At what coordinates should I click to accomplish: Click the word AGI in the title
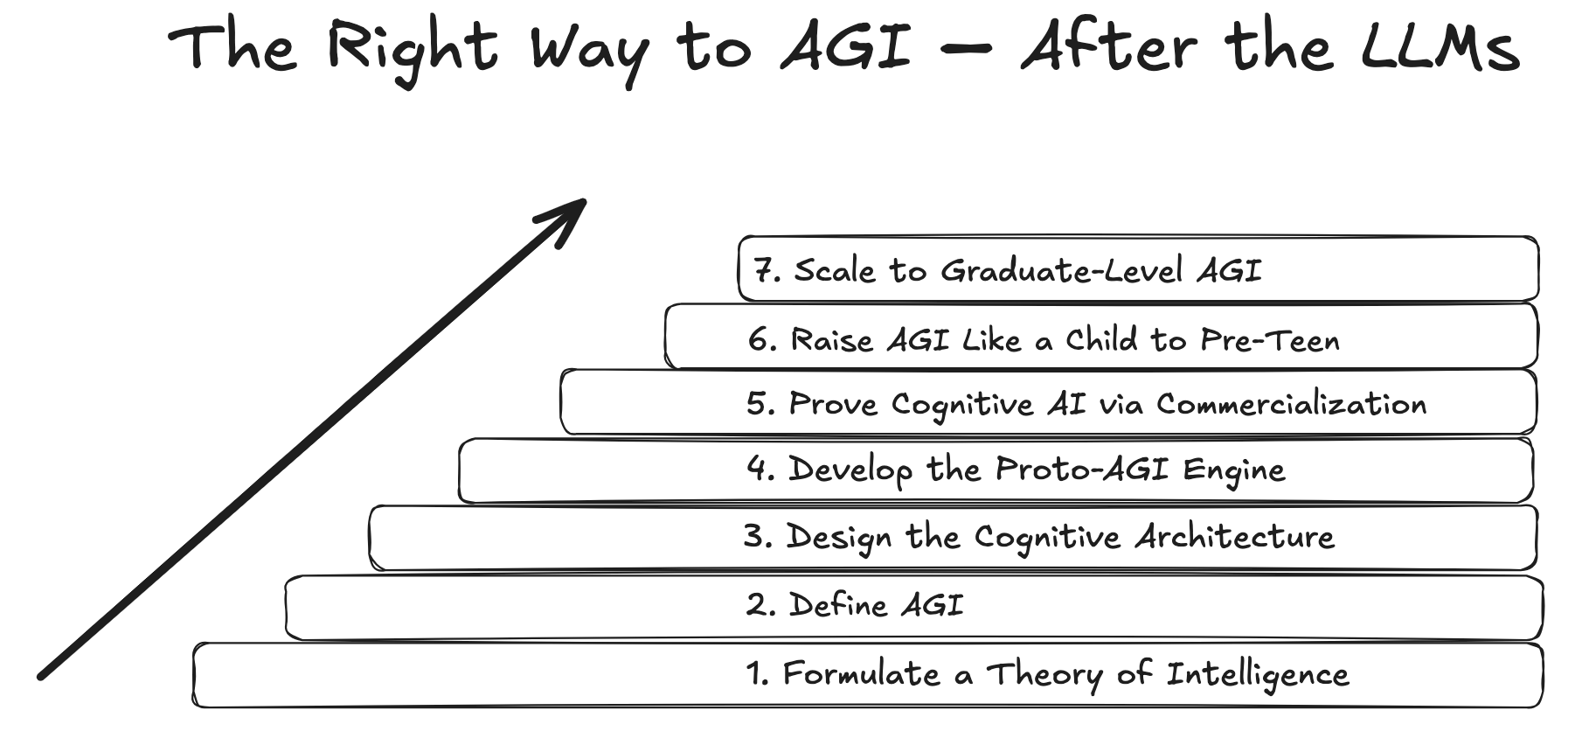tap(845, 47)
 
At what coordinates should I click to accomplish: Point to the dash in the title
tap(967, 49)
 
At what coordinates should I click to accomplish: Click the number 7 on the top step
tap(764, 271)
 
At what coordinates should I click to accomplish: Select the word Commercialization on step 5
tap(1291, 404)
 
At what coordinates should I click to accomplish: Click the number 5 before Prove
tap(759, 404)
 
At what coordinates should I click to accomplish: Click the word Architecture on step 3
tap(1235, 536)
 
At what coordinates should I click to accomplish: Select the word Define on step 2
tap(837, 605)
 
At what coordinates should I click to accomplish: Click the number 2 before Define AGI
tap(757, 605)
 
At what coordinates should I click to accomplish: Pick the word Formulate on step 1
tap(860, 674)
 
